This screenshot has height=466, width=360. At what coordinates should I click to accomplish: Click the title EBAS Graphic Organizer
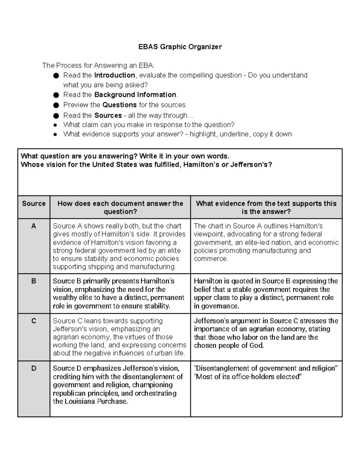[180, 47]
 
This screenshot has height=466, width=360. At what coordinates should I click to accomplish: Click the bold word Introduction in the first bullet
[115, 75]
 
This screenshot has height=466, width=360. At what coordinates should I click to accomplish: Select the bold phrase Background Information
[135, 95]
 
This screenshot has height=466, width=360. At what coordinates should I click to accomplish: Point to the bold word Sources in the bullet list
[108, 116]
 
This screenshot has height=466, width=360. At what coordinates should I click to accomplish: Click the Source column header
[34, 203]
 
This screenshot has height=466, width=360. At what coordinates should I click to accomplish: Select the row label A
[34, 226]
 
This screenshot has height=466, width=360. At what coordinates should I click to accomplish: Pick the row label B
[34, 281]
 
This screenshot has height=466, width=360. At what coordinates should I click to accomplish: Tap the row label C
[34, 321]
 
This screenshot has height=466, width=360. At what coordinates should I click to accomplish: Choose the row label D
[34, 368]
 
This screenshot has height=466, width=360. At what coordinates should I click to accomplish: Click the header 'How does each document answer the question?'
[120, 207]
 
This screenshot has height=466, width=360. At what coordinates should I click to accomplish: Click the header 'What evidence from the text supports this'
[266, 203]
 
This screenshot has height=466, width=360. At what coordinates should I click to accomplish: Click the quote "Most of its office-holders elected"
[248, 377]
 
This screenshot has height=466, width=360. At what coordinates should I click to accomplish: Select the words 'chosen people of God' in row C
[229, 345]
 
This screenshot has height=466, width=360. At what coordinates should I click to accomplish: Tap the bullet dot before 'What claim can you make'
[55, 125]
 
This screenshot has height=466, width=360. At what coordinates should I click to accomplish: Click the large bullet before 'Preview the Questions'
[56, 105]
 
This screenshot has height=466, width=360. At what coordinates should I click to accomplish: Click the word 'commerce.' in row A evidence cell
[211, 259]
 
